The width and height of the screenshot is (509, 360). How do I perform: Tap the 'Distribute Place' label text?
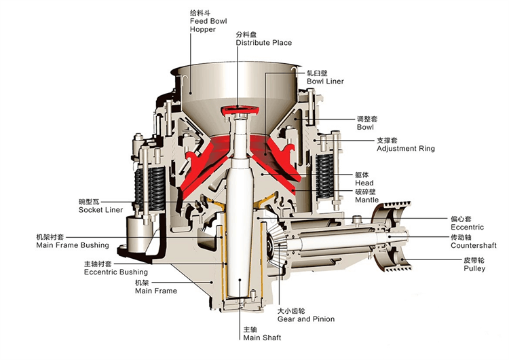(263, 43)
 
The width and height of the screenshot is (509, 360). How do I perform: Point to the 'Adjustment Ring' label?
(405, 148)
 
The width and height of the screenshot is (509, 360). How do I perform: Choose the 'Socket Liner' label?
(100, 210)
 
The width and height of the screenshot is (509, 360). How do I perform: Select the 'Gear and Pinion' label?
(305, 319)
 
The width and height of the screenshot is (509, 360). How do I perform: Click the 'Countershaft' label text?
(474, 245)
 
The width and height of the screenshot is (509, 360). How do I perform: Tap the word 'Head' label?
(363, 183)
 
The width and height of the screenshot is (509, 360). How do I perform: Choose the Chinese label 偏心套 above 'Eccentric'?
(459, 219)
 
